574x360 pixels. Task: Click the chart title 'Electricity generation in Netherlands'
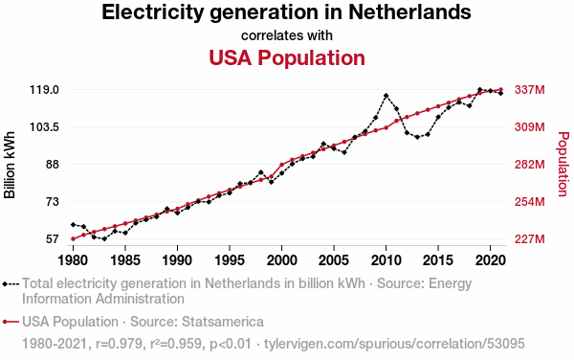(286, 12)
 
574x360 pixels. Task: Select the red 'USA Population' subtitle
(287, 57)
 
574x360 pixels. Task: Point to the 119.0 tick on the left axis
(44, 89)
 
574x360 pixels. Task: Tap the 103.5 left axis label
(44, 127)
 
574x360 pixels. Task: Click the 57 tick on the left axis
(52, 239)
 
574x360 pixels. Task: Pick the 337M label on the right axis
(530, 89)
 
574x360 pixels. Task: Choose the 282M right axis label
(530, 165)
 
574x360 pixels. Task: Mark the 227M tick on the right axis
(530, 239)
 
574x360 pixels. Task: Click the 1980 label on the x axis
(74, 260)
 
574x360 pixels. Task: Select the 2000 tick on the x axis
(281, 260)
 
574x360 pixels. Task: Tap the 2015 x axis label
(438, 260)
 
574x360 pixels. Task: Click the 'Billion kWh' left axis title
(10, 165)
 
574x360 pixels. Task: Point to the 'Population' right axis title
(563, 164)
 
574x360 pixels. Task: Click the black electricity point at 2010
(386, 96)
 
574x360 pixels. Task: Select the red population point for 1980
(74, 238)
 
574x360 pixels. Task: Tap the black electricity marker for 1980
(74, 224)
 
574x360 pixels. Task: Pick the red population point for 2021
(500, 89)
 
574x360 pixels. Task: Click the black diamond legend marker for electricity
(5, 283)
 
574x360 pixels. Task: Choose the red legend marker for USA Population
(5, 322)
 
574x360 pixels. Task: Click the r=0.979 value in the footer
(119, 344)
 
